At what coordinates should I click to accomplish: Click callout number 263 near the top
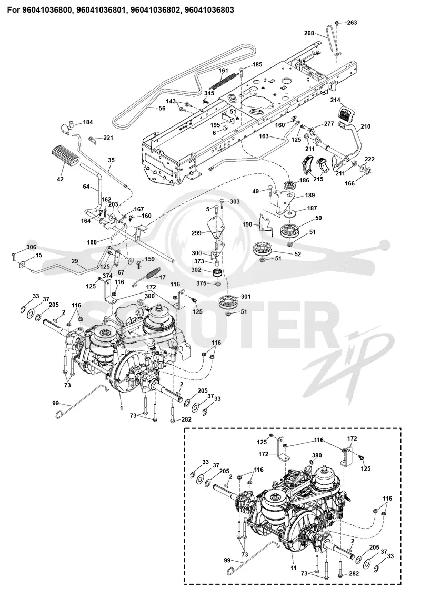(352, 23)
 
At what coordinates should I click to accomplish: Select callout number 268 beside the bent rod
(308, 33)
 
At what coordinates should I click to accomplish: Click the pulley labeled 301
(229, 301)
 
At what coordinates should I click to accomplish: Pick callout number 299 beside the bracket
(196, 233)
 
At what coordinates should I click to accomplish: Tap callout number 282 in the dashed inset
(354, 573)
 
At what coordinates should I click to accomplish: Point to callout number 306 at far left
(32, 247)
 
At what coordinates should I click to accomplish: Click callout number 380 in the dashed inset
(317, 455)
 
